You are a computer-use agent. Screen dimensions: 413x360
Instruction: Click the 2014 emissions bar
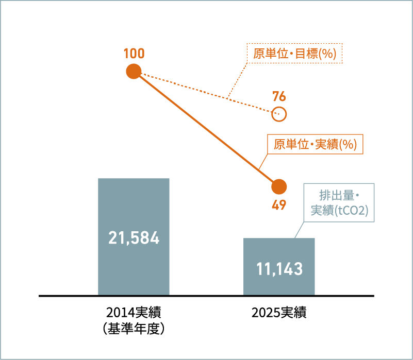tap(134, 237)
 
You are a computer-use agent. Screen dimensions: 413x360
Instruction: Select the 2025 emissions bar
tap(279, 267)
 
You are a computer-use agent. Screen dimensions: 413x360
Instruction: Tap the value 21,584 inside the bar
tap(134, 238)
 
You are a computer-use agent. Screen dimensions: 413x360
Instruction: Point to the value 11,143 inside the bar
tap(279, 269)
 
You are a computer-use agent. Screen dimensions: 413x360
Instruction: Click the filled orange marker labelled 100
tap(134, 71)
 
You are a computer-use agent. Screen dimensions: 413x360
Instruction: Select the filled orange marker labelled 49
tap(279, 186)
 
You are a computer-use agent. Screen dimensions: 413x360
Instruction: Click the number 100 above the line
tap(134, 54)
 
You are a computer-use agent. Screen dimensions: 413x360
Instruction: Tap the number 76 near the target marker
tap(279, 96)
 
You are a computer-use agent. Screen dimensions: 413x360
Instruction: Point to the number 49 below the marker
tap(279, 205)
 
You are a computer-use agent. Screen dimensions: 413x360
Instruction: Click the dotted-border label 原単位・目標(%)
tap(294, 54)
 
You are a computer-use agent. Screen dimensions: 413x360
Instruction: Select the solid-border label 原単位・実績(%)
tap(315, 144)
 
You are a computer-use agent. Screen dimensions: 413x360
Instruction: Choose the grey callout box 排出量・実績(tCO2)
tap(339, 202)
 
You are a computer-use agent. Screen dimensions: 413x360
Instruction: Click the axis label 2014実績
tap(134, 313)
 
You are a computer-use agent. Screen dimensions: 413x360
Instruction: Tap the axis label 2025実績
tap(279, 313)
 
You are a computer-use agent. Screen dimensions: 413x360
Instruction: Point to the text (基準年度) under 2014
tap(134, 329)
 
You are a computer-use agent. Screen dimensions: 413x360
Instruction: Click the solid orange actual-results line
tap(206, 129)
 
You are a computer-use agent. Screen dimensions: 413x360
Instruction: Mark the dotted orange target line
tap(206, 93)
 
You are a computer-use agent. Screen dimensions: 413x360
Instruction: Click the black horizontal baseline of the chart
tap(206, 296)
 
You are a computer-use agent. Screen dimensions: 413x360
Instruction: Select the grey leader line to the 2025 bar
tap(299, 230)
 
